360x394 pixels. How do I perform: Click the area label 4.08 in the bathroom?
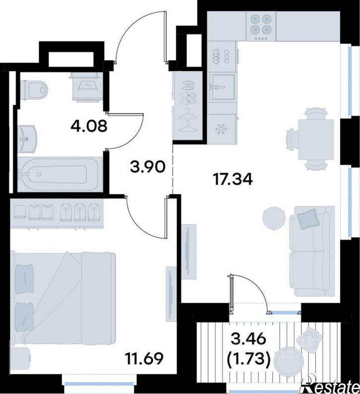(89, 126)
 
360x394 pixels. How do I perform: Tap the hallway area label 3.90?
(147, 167)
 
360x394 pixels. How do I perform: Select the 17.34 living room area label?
(232, 180)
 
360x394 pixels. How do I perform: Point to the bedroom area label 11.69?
(144, 358)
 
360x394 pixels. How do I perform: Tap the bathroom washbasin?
(28, 139)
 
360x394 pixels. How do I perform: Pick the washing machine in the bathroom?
(87, 87)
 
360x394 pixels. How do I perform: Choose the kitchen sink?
(222, 87)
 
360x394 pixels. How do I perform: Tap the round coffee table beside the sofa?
(274, 218)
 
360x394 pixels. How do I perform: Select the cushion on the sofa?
(309, 219)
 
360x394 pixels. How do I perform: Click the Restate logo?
(331, 385)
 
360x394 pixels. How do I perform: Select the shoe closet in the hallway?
(188, 105)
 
